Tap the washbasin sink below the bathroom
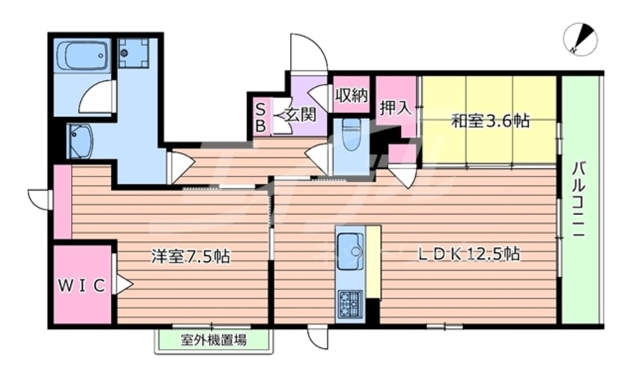click(x=79, y=141)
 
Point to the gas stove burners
click(x=349, y=303)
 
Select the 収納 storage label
click(x=351, y=94)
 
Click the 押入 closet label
click(x=394, y=107)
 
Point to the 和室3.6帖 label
click(x=490, y=120)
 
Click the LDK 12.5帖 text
click(x=468, y=254)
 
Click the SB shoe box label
click(x=260, y=118)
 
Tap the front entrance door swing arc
click(x=310, y=52)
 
